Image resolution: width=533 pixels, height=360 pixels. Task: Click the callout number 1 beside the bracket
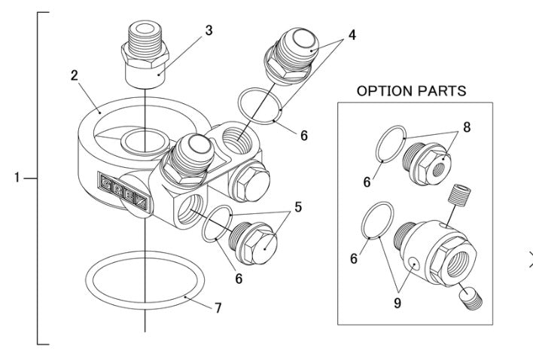pyautogui.click(x=17, y=178)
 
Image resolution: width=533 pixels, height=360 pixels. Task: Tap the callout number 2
pyautogui.click(x=75, y=76)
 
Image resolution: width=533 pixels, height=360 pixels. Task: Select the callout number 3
pyautogui.click(x=209, y=31)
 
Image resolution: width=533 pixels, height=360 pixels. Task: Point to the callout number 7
pyautogui.click(x=218, y=307)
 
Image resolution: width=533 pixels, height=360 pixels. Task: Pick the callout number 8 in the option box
pyautogui.click(x=466, y=128)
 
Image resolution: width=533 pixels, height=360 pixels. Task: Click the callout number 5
pyautogui.click(x=298, y=206)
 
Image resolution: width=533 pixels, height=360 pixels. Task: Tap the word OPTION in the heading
pyautogui.click(x=383, y=91)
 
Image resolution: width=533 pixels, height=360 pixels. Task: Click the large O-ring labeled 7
pyautogui.click(x=144, y=279)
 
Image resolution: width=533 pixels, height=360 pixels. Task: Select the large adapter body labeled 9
pyautogui.click(x=435, y=248)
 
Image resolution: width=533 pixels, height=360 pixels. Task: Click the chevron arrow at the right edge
pyautogui.click(x=528, y=261)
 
